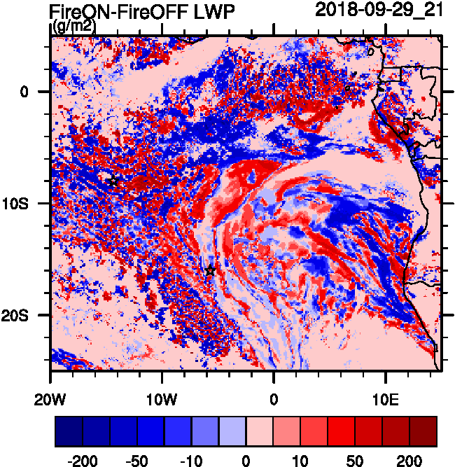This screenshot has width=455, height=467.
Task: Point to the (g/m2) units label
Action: pyautogui.click(x=73, y=27)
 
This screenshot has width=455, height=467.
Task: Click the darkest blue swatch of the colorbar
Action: pyautogui.click(x=69, y=431)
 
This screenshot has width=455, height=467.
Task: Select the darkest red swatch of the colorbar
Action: pyautogui.click(x=423, y=431)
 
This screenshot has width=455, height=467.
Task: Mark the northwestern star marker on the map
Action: pyautogui.click(x=113, y=181)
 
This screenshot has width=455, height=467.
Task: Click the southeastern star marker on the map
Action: pyautogui.click(x=210, y=271)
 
